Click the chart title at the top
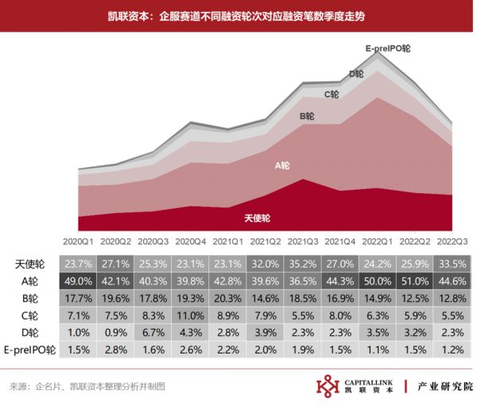click(x=238, y=16)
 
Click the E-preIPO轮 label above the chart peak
click(x=387, y=48)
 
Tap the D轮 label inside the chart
click(x=356, y=73)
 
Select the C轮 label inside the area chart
click(x=332, y=94)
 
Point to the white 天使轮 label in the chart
click(x=257, y=217)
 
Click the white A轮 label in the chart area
click(x=282, y=165)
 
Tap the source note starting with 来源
click(x=87, y=387)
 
